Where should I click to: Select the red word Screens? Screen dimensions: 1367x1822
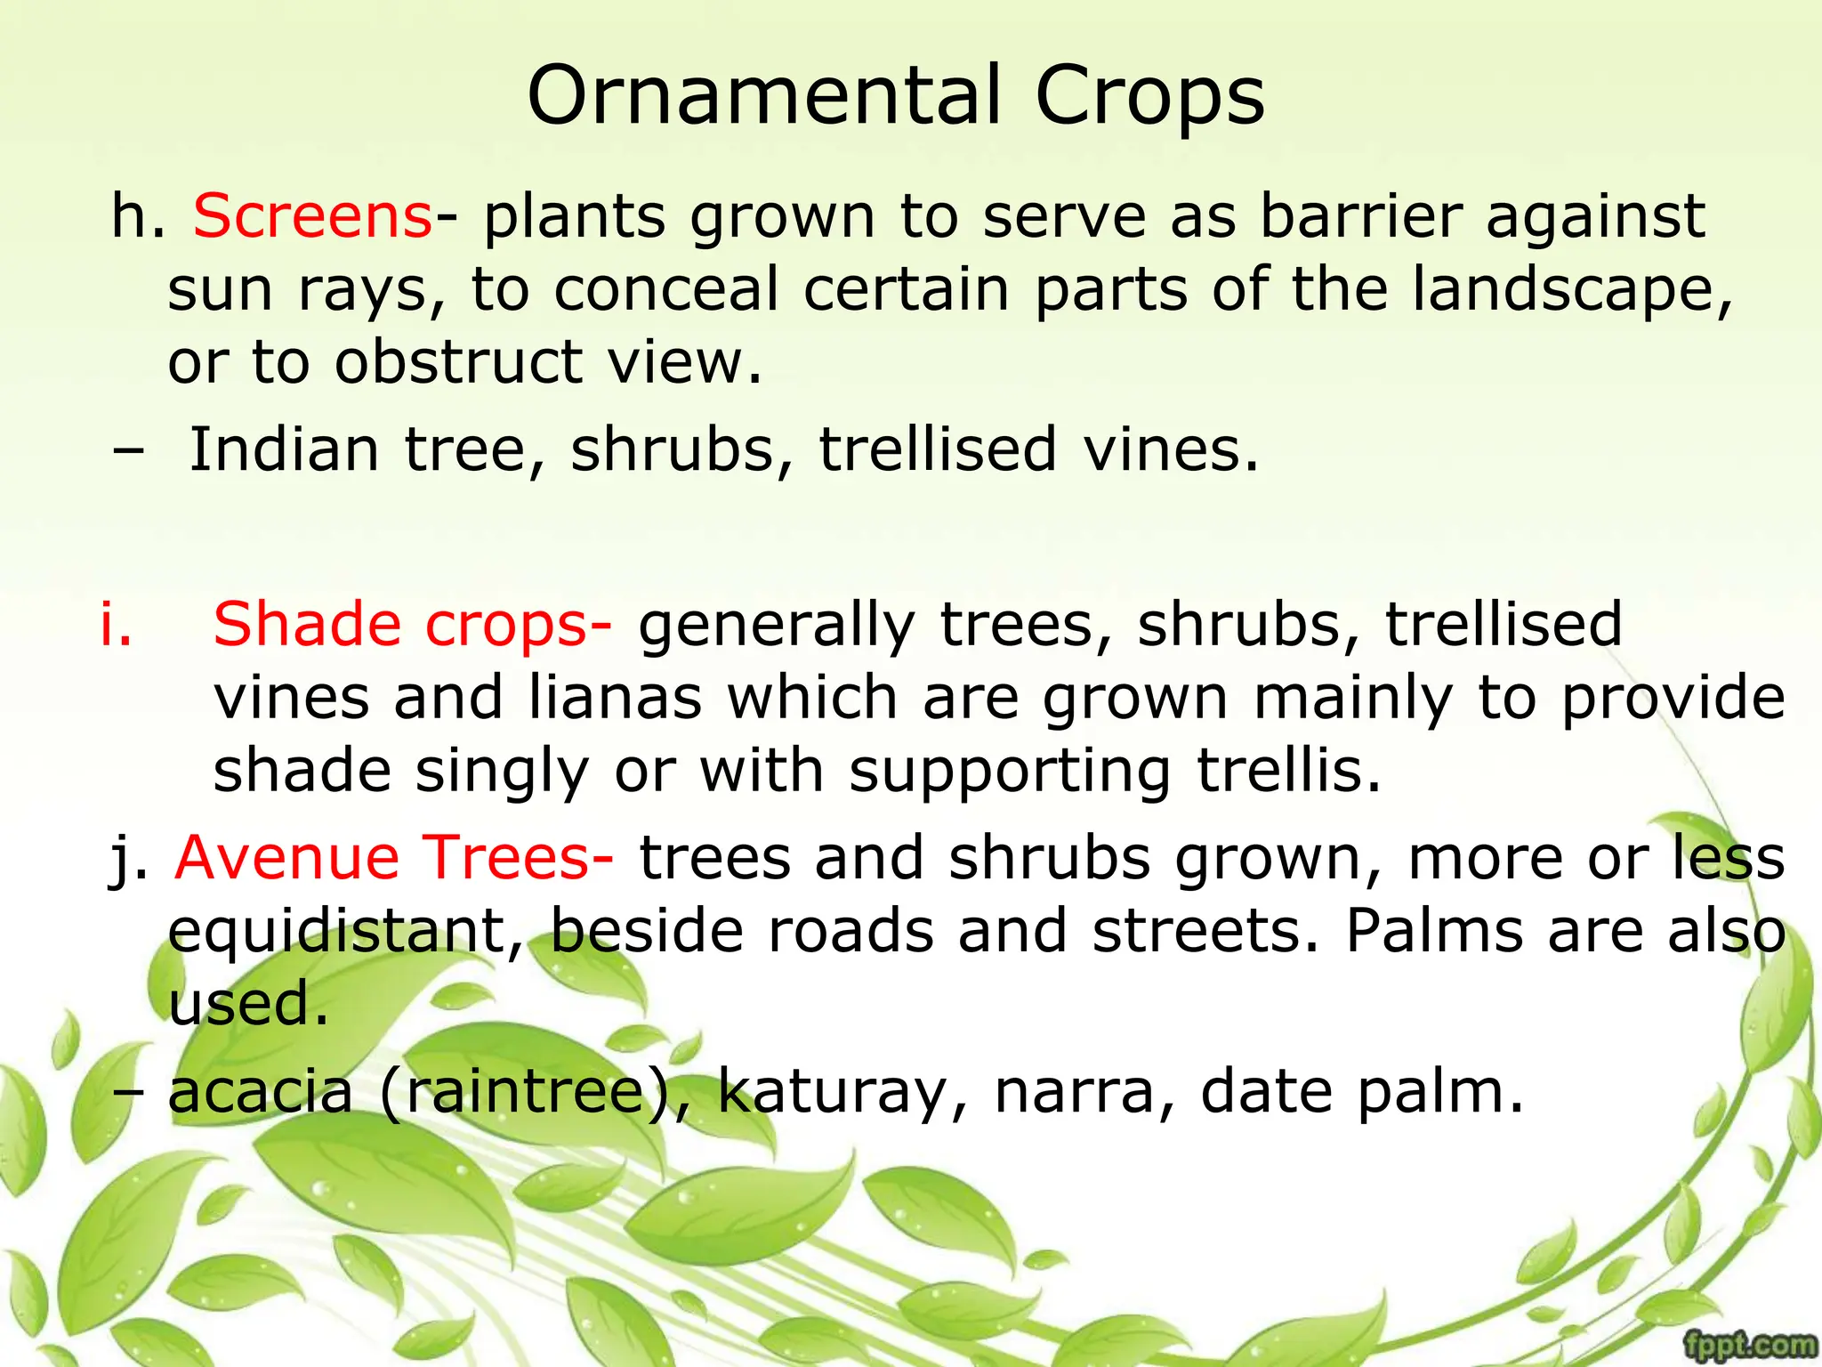312,216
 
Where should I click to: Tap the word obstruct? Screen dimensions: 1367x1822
458,362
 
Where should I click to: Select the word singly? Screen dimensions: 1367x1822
502,772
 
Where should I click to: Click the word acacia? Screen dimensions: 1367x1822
261,1092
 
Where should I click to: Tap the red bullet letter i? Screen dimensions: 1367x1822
116,624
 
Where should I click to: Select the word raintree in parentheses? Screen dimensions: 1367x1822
524,1092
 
